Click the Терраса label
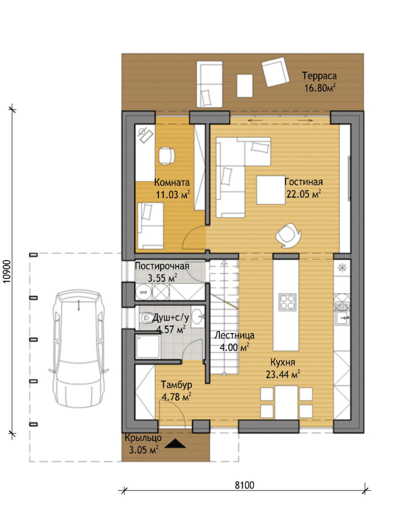pyautogui.click(x=319, y=76)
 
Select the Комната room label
pyautogui.click(x=172, y=182)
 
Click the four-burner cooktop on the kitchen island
pyautogui.click(x=287, y=302)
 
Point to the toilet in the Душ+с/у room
pyautogui.click(x=144, y=317)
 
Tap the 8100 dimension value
pyautogui.click(x=244, y=485)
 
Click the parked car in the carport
pyautogui.click(x=79, y=348)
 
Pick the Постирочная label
pyautogui.click(x=162, y=266)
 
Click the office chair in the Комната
pyautogui.click(x=166, y=155)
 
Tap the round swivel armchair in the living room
pyautogui.click(x=288, y=234)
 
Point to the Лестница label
pyautogui.click(x=234, y=335)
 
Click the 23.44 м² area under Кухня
pyautogui.click(x=283, y=374)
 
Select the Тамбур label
pyautogui.click(x=176, y=384)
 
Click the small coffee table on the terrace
pyautogui.click(x=244, y=85)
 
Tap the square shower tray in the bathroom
pyautogui.click(x=148, y=346)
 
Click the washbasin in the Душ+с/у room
pyautogui.click(x=197, y=316)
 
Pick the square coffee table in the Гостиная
pyautogui.click(x=271, y=190)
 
